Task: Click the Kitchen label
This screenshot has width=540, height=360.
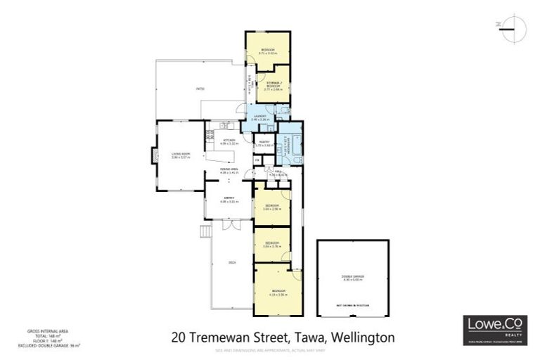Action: [x=229, y=141]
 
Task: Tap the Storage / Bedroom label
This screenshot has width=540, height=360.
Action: [x=273, y=87]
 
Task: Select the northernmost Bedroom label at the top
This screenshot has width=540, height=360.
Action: [x=268, y=50]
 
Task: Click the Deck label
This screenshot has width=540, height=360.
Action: [x=232, y=262]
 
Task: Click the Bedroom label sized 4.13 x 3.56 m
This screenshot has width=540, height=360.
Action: [x=278, y=292]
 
